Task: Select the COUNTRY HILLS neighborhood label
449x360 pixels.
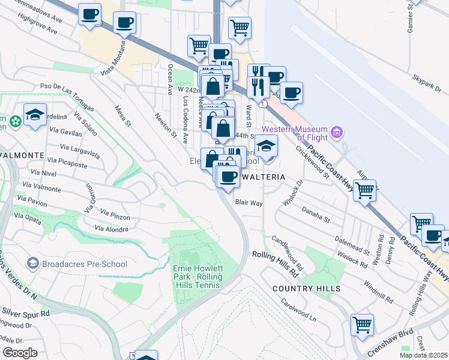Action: point(306,289)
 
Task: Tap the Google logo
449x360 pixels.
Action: point(20,353)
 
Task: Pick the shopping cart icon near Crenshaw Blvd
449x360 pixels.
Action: point(362,326)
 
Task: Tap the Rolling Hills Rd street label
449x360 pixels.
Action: point(275,263)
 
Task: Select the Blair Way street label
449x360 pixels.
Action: point(249,203)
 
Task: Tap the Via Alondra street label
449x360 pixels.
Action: point(112,229)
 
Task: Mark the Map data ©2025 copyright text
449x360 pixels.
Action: point(423,355)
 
